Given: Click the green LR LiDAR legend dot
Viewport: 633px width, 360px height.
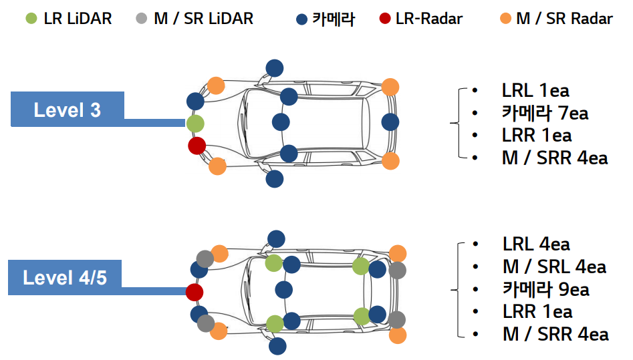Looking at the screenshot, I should point(31,18).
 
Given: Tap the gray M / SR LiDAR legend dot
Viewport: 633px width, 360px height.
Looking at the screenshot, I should point(140,18).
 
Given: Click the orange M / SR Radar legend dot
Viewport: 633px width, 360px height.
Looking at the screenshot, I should point(505,18).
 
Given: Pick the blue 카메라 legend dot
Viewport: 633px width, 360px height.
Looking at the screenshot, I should point(302,18).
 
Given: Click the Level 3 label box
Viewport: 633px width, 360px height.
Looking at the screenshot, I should point(68,109).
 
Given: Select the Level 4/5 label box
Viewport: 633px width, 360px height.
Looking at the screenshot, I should point(65,277).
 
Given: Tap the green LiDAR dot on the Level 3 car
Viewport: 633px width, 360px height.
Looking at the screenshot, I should point(195,124).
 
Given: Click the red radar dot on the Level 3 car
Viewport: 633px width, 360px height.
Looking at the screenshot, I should point(197,146).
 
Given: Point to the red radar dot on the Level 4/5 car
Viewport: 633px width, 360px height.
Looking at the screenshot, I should point(195,292).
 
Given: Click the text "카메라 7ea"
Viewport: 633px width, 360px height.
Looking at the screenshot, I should point(545,113).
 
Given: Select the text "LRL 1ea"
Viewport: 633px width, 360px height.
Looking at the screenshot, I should point(535,90).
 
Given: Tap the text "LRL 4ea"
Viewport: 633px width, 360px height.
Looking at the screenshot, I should point(536,244).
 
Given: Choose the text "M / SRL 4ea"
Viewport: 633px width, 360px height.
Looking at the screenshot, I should point(554,266).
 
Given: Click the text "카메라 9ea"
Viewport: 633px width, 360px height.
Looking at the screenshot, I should point(545,289).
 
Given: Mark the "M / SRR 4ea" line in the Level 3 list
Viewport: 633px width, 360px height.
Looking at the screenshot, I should point(555,158).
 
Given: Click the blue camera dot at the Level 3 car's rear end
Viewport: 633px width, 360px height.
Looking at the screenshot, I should point(390,122).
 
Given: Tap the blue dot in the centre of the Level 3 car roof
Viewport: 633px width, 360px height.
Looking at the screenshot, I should point(281,122).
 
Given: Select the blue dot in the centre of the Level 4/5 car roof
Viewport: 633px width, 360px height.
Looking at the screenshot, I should point(284,290).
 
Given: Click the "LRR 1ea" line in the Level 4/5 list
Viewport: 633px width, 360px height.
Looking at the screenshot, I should point(537,311).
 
